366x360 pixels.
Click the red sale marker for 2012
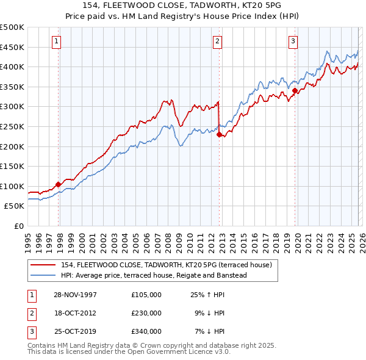tap(219, 135)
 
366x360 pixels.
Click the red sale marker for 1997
tap(59, 184)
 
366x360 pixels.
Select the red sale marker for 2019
tap(295, 91)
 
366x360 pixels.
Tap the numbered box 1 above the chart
tap(56, 41)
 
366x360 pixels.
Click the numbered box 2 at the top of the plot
tap(217, 41)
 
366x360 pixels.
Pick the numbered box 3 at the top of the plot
tap(293, 41)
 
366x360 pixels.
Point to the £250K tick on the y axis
tap(12, 126)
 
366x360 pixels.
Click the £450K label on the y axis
tap(12, 47)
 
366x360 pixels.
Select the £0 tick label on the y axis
tap(18, 226)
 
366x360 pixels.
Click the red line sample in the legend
tap(43, 264)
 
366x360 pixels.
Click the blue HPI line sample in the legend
tap(43, 275)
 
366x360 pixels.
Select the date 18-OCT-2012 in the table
tap(74, 313)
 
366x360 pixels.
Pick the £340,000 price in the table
tap(146, 331)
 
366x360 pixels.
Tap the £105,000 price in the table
tap(146, 295)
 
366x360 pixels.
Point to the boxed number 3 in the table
tap(30, 331)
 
